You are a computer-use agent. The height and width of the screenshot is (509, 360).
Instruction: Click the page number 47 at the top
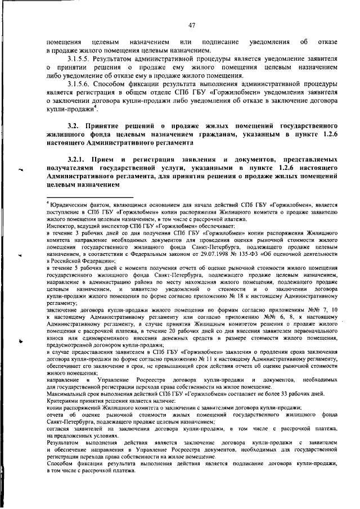[191, 25]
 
